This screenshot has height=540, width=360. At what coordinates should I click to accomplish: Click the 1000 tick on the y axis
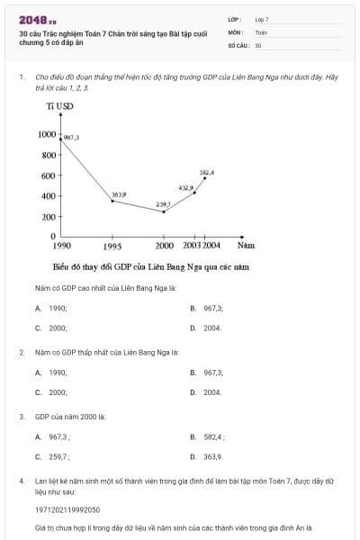pyautogui.click(x=47, y=134)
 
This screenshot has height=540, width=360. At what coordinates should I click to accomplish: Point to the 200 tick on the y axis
pyautogui.click(x=50, y=216)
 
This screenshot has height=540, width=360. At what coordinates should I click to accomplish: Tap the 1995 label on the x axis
pyautogui.click(x=112, y=246)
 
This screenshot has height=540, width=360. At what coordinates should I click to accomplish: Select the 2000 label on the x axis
pyautogui.click(x=164, y=246)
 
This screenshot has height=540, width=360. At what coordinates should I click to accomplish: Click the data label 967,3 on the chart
pyautogui.click(x=72, y=137)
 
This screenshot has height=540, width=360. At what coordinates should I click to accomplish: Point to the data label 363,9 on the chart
pyautogui.click(x=119, y=194)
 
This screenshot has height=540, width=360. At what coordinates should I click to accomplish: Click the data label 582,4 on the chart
pyautogui.click(x=207, y=172)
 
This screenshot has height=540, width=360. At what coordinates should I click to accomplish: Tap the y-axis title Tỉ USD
pyautogui.click(x=60, y=106)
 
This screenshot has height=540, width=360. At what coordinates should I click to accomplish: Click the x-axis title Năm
pyautogui.click(x=246, y=245)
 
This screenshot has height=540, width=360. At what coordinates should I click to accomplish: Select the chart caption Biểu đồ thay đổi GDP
pyautogui.click(x=150, y=267)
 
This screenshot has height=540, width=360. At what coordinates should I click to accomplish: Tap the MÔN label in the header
pyautogui.click(x=236, y=31)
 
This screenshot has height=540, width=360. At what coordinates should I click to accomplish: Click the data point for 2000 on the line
pyautogui.click(x=164, y=211)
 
